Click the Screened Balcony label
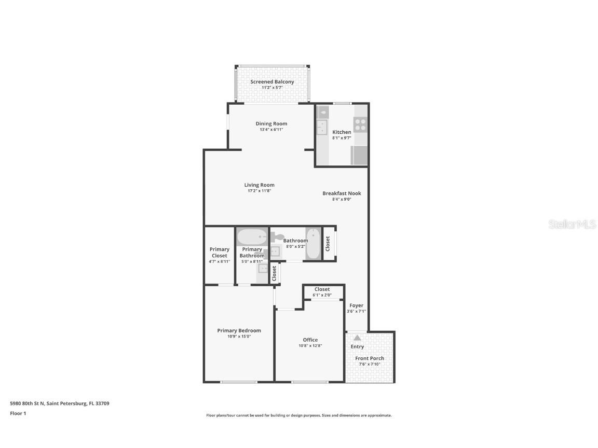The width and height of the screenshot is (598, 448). click(x=272, y=82)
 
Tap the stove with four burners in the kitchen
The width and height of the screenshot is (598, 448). click(x=360, y=124)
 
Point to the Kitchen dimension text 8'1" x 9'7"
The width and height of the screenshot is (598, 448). click(x=342, y=138)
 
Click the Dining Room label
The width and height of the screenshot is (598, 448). click(x=271, y=123)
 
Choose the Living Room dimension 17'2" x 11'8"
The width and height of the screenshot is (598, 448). click(x=259, y=191)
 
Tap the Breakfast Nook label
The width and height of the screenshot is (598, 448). click(x=342, y=193)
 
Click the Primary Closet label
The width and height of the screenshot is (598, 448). click(x=219, y=253)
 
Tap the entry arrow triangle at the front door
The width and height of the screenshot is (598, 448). click(x=357, y=338)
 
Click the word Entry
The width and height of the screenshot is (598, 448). click(x=357, y=346)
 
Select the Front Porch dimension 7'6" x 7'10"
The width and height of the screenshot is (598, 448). click(x=370, y=364)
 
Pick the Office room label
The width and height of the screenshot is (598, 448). click(x=310, y=340)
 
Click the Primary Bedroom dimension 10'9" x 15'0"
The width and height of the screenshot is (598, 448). click(x=239, y=337)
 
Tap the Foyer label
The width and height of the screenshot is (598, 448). click(x=356, y=305)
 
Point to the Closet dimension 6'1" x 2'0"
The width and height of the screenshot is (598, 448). click(x=322, y=295)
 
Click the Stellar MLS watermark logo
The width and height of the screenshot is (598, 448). click(x=572, y=225)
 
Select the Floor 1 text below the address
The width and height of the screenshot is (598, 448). click(x=18, y=413)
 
